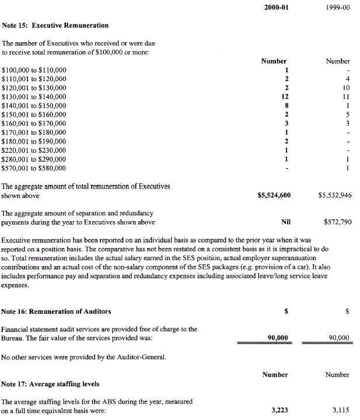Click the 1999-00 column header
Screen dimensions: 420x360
pos(338,8)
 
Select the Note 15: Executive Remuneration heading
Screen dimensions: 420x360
pos(55,26)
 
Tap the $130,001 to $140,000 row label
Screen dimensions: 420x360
pos(34,96)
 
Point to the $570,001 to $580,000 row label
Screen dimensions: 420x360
pos(34,169)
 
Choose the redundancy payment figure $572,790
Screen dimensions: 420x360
pos(337,222)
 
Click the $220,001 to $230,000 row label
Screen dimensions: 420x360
pos(34,150)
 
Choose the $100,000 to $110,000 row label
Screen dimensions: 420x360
pos(34,70)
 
